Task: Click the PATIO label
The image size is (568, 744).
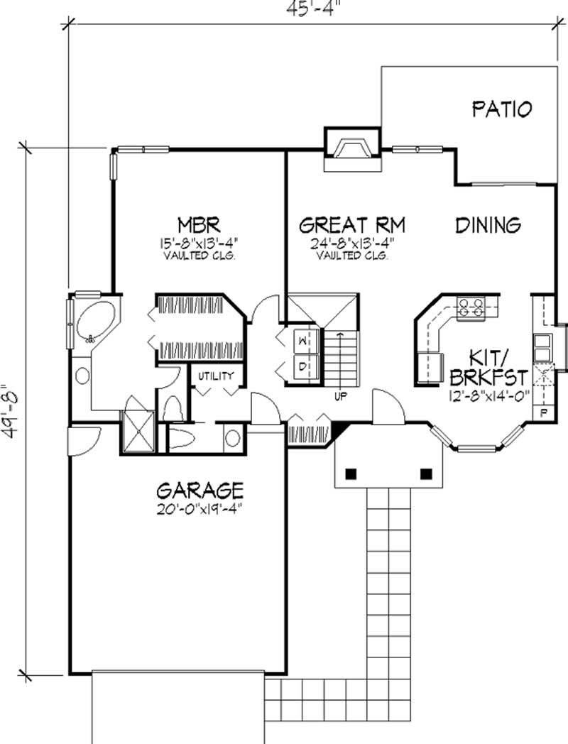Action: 502,109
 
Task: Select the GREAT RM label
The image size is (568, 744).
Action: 352,225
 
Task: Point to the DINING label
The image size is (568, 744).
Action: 488,225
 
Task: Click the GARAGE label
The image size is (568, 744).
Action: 200,490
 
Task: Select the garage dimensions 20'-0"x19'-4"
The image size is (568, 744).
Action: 200,508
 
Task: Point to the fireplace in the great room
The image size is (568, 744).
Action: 353,150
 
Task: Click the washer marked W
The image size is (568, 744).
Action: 303,340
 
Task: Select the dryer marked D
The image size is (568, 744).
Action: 303,367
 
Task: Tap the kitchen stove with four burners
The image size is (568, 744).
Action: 471,307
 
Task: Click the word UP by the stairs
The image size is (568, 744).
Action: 340,395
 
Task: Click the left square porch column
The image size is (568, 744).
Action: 351,473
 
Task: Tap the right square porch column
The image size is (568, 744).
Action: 426,473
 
